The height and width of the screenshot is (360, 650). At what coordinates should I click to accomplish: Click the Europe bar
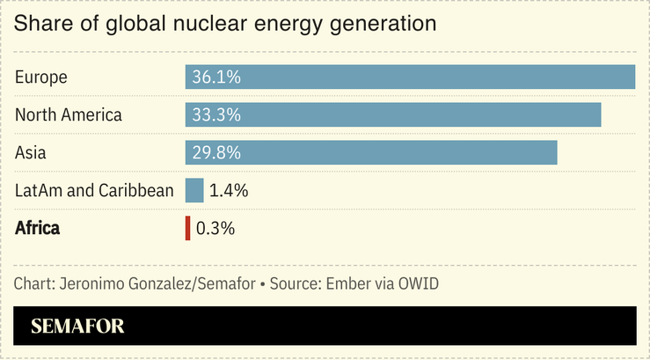[x=410, y=77]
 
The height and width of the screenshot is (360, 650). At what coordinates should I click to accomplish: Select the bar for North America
[x=393, y=115]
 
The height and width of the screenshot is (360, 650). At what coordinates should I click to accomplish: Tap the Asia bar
[x=371, y=152]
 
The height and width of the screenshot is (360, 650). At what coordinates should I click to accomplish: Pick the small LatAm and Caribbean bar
[x=194, y=190]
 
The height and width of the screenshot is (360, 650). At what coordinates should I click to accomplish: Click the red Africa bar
[x=187, y=228]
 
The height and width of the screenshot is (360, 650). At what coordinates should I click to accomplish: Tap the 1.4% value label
[x=229, y=190]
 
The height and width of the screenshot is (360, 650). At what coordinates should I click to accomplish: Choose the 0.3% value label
[x=215, y=228]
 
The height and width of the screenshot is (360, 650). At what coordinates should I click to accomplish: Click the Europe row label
[x=41, y=77]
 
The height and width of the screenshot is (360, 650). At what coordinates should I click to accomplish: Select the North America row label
[x=69, y=115]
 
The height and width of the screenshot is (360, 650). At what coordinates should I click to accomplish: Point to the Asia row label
[x=31, y=152]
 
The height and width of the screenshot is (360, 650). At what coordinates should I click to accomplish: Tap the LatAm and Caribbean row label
[x=94, y=190]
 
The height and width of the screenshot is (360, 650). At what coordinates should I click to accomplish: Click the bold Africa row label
[x=38, y=228]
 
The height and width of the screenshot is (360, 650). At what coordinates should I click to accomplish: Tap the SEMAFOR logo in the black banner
[x=77, y=326]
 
